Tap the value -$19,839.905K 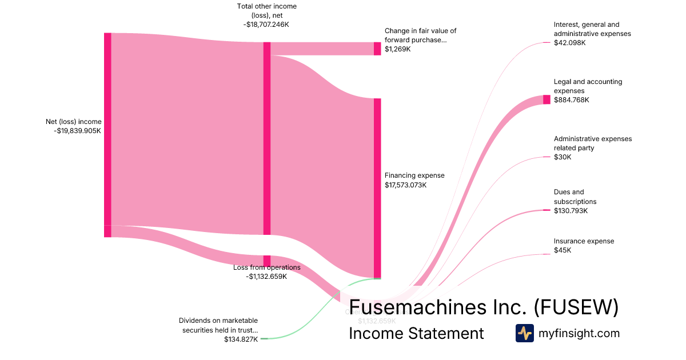coord(77,131)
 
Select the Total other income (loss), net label coord(267,11)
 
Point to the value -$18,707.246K coord(267,25)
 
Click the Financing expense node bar coord(377,188)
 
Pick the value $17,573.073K coord(406,185)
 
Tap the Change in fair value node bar coord(377,49)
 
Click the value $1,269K coord(398,49)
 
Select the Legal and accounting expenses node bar coord(547,99)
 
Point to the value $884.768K coord(571,100)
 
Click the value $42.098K coord(569,43)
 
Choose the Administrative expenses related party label coord(593,143)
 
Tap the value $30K coord(563,157)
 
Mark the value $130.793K coord(571,211)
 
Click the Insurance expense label coord(584,241)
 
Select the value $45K coord(563,250)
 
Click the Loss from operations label coord(267,267)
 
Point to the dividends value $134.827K coord(241,339)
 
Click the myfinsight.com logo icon coord(524,333)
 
